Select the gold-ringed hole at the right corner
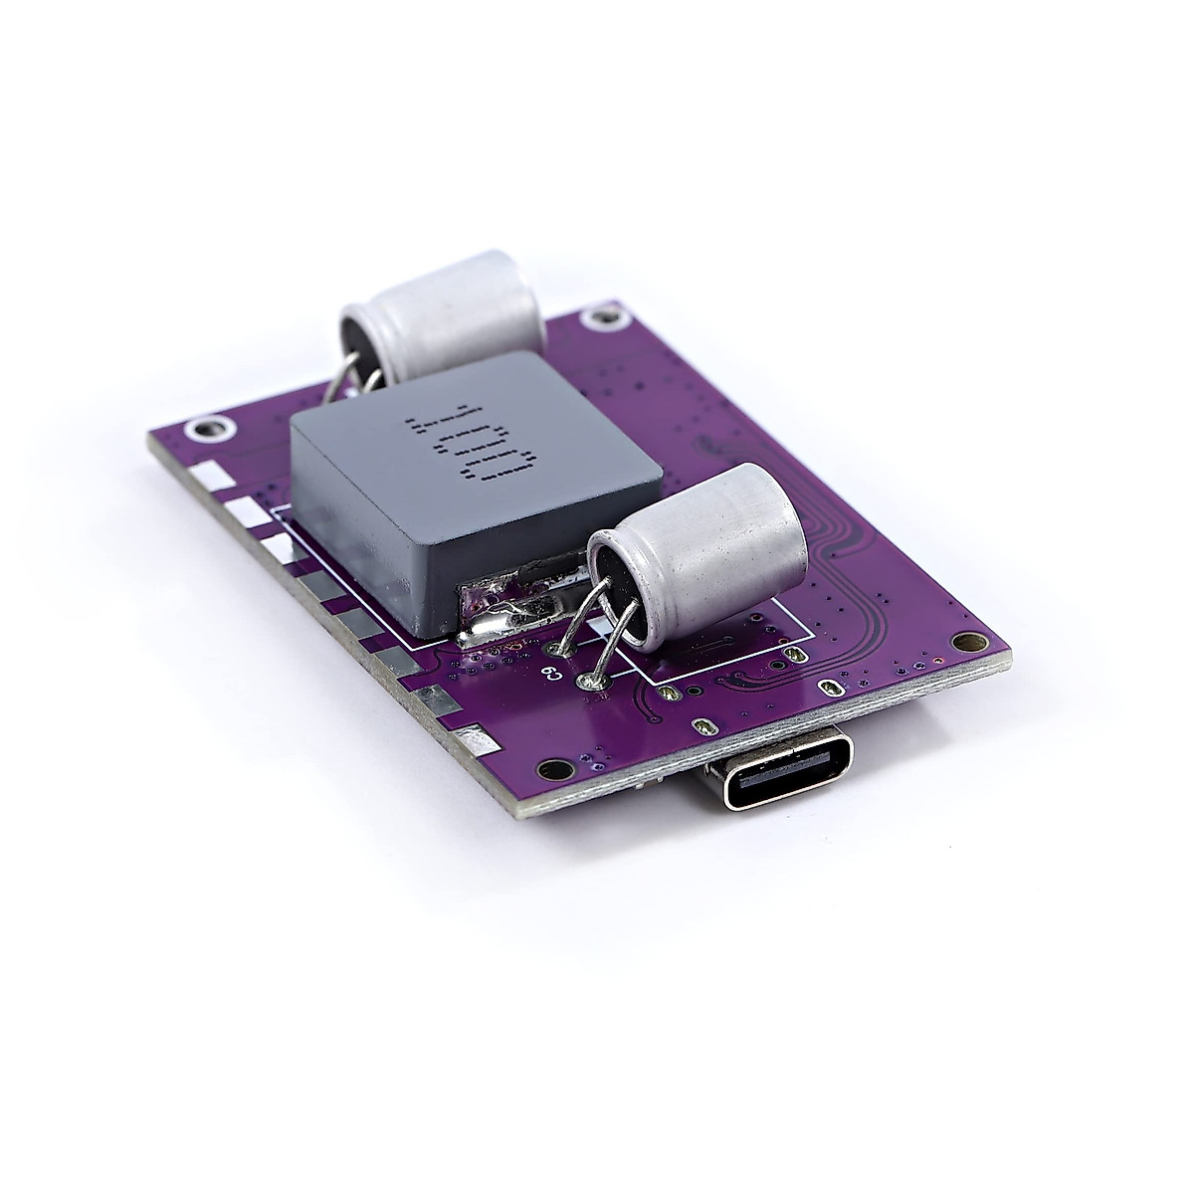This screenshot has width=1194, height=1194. pos(961,642)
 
